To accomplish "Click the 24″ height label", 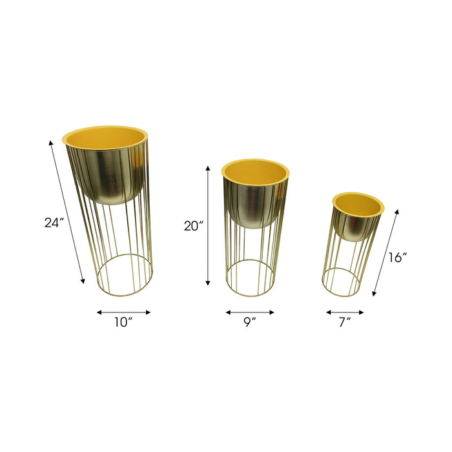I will pyautogui.click(x=54, y=223).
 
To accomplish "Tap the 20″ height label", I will pyautogui.click(x=193, y=226).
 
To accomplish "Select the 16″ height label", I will pyautogui.click(x=398, y=257).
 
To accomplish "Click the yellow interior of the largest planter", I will pyautogui.click(x=105, y=138).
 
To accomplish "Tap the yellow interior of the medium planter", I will pyautogui.click(x=255, y=170).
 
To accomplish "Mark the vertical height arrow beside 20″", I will pyautogui.click(x=208, y=225).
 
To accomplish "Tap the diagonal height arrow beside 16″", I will pyautogui.click(x=385, y=252).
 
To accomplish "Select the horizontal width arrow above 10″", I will pyautogui.click(x=123, y=313).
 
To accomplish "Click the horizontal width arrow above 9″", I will pyautogui.click(x=250, y=313).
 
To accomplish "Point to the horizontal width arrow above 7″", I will pyautogui.click(x=345, y=313).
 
